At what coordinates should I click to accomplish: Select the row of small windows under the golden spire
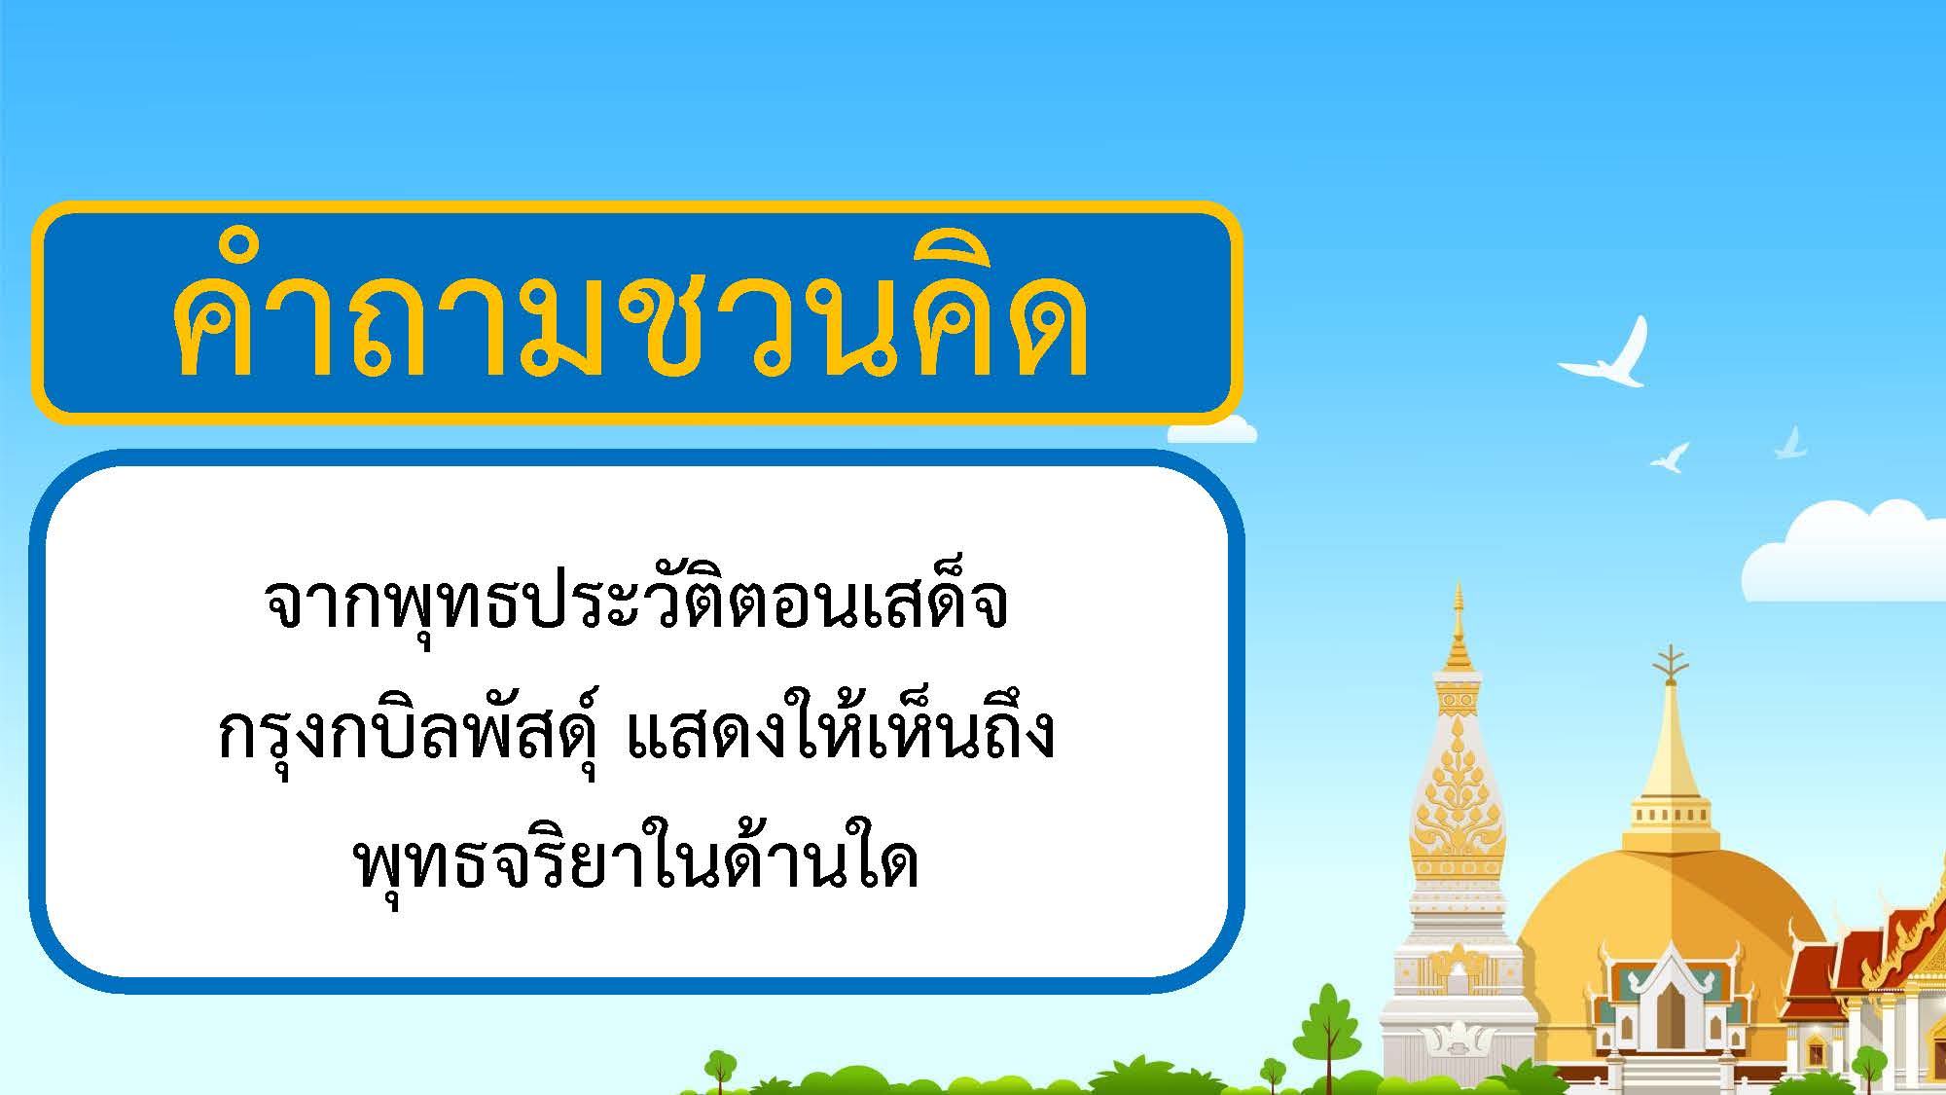pos(1671,814)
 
